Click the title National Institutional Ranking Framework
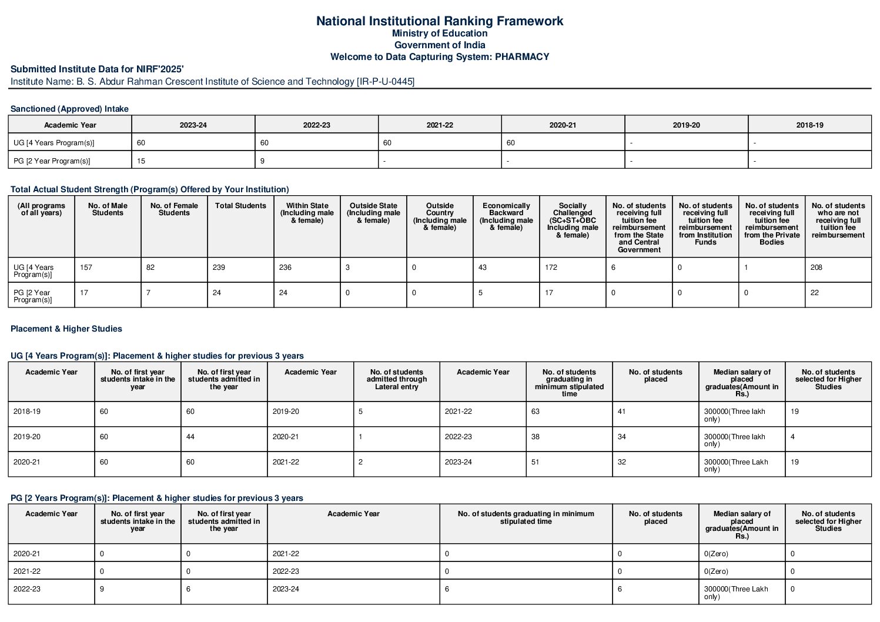click(x=439, y=21)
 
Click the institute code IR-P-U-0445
click(x=385, y=82)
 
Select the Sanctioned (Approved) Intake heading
click(x=69, y=109)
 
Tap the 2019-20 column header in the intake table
click(x=686, y=125)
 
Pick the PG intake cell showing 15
click(x=141, y=161)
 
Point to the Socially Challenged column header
click(x=572, y=220)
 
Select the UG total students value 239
click(x=219, y=267)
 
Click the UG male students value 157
click(x=86, y=267)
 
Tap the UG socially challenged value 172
click(x=551, y=267)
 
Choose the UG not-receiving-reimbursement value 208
click(x=817, y=267)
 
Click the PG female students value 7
click(x=148, y=293)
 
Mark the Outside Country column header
click(x=440, y=216)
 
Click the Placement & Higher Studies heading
click(x=66, y=329)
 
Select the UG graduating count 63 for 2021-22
click(x=536, y=412)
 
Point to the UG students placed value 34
click(x=622, y=437)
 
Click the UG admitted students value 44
click(x=190, y=437)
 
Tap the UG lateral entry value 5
click(x=360, y=412)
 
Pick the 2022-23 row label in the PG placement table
click(x=27, y=589)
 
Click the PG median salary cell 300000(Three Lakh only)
click(x=736, y=593)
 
